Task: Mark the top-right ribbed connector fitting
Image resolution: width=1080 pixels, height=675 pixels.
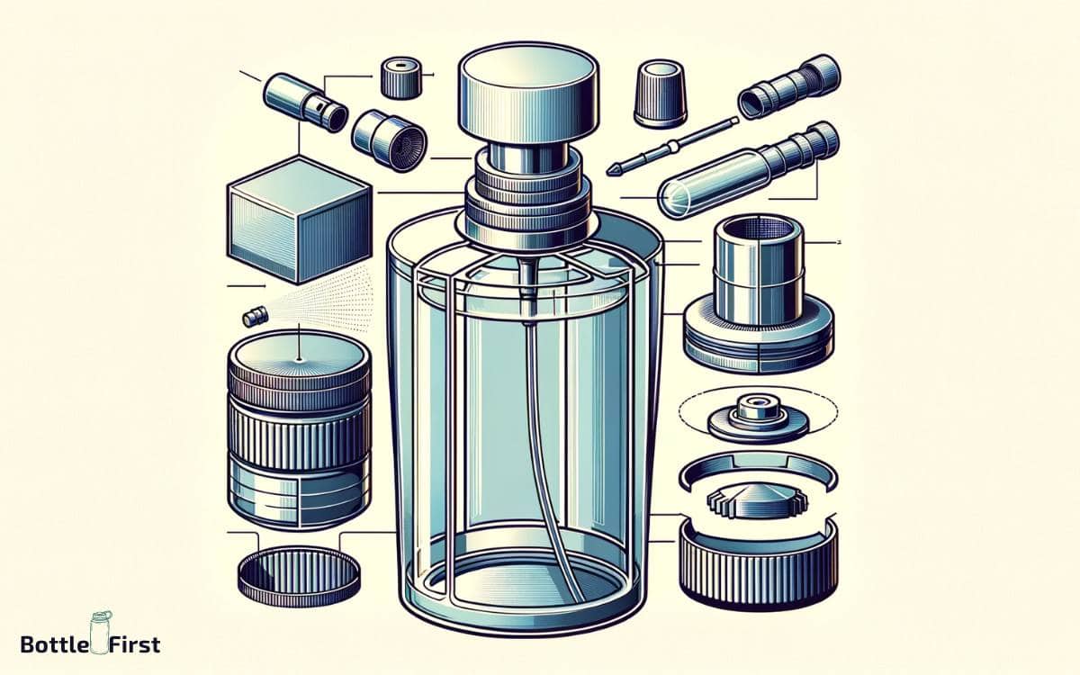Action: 789,86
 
